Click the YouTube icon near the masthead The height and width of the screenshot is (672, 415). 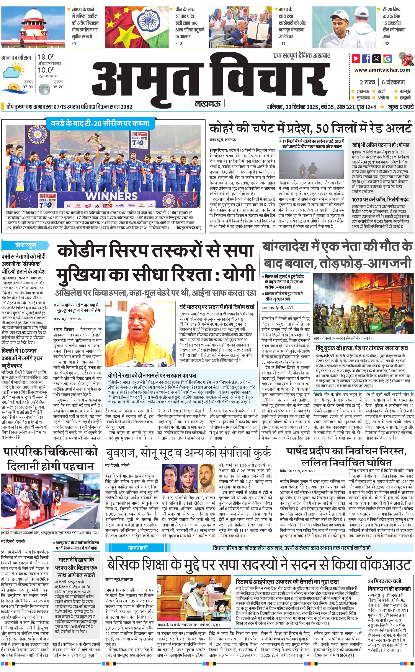point(356,59)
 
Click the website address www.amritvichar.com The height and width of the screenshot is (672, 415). point(382,70)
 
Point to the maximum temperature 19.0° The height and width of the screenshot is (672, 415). point(46,57)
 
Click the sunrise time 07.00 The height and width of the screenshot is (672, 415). point(28,87)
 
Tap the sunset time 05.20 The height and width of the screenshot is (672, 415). point(58,87)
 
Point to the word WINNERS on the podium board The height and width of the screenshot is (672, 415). point(111,196)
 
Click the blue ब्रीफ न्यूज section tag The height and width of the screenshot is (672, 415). point(26,245)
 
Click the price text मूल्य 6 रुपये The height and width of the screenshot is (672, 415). point(400,107)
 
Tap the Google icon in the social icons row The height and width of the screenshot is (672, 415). point(387,59)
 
